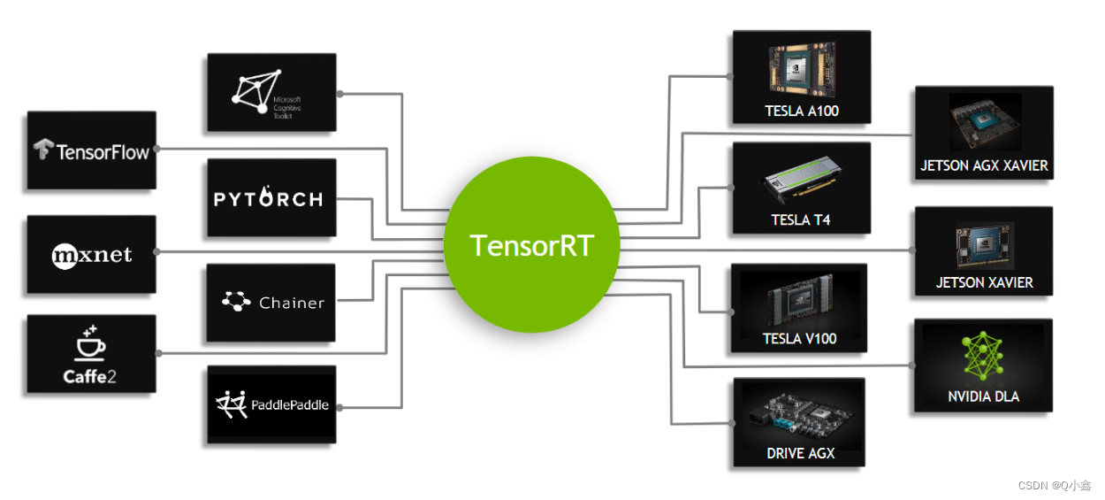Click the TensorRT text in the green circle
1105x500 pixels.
coord(531,245)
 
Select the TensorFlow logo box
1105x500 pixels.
coord(91,150)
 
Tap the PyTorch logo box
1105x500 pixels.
coord(271,199)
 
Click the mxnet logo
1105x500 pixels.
coord(91,256)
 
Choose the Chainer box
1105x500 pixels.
coord(271,303)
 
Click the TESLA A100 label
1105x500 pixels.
coord(801,112)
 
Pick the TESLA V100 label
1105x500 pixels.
coord(799,338)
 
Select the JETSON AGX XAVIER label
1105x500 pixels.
coord(984,165)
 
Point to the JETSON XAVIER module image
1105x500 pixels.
coord(983,245)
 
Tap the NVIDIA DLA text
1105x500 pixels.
coord(983,396)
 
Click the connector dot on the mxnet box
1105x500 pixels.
coord(156,251)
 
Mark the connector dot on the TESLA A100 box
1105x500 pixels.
coord(729,76)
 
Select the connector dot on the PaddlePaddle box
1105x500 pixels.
coord(338,407)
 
